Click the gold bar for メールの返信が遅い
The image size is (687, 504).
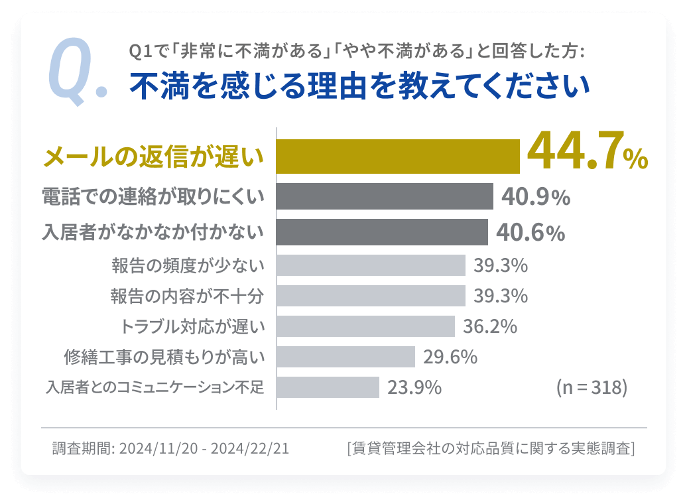[398, 157]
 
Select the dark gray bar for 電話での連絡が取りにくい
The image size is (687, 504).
[385, 196]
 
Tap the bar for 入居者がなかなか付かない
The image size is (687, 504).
[382, 232]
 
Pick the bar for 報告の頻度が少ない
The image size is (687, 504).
[371, 265]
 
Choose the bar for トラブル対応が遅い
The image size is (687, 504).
[365, 326]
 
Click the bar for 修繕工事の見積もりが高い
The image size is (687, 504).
[345, 357]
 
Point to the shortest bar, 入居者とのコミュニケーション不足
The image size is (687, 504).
[328, 387]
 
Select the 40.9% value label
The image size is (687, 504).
[535, 197]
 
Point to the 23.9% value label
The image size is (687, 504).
[414, 387]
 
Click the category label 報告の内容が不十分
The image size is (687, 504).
[188, 296]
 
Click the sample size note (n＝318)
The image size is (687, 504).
[591, 387]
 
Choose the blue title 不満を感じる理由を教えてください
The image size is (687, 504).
[359, 86]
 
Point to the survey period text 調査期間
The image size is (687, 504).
[170, 448]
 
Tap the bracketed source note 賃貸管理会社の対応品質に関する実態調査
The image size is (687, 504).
[491, 448]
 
